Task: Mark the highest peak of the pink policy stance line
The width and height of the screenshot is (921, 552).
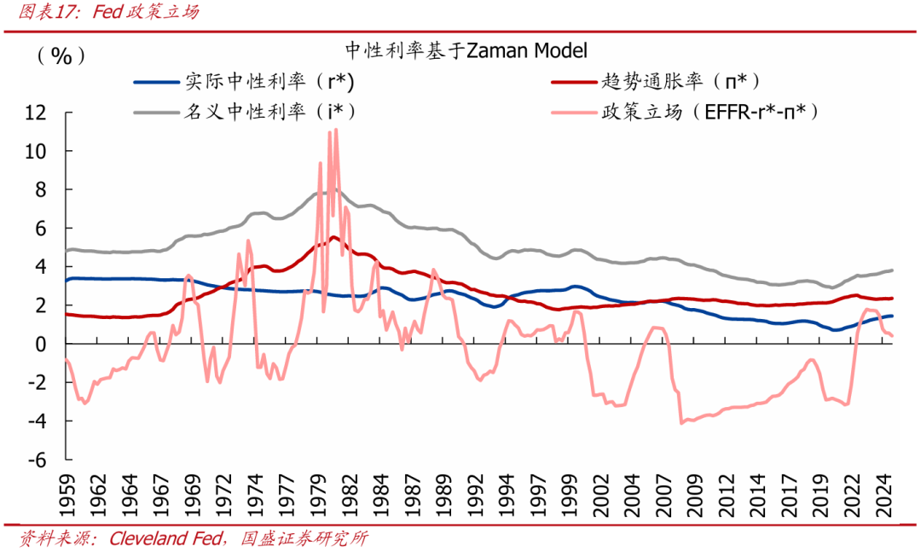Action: tap(336, 130)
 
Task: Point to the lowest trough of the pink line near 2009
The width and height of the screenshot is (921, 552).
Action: tap(681, 422)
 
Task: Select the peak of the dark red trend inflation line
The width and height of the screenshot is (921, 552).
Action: tap(333, 237)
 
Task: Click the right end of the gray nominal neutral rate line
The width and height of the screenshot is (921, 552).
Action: tap(893, 270)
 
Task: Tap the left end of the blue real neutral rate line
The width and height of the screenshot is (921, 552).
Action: tap(67, 281)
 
